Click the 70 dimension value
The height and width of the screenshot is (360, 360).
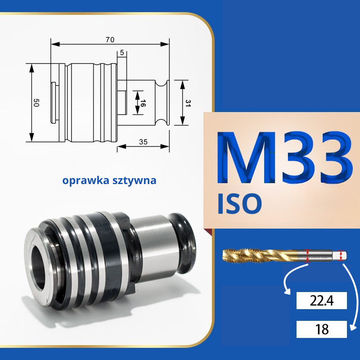pyautogui.click(x=110, y=40)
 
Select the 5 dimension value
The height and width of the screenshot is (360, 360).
pyautogui.click(x=122, y=53)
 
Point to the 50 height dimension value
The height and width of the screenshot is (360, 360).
pyautogui.click(x=36, y=103)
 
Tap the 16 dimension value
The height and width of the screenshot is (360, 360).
pyautogui.click(x=142, y=103)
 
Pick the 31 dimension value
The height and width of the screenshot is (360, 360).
pyautogui.click(x=188, y=103)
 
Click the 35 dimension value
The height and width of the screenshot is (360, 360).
pyautogui.click(x=143, y=142)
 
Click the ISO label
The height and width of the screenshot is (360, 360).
pyautogui.click(x=239, y=204)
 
